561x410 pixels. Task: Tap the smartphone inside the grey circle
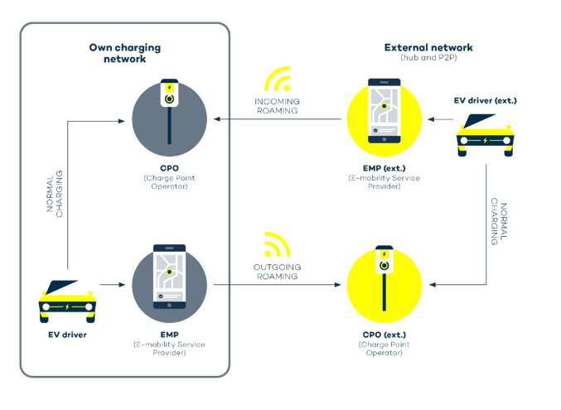coord(169,276)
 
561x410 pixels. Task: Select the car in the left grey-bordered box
coord(67,301)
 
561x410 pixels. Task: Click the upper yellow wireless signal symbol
coord(278,80)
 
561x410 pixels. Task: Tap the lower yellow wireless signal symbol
coord(278,245)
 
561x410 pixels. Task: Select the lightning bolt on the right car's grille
coord(486,141)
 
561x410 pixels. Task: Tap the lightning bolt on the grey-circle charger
coord(169,85)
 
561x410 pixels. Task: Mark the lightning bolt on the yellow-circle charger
coord(384,253)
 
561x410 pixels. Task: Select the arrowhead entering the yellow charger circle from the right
coord(432,285)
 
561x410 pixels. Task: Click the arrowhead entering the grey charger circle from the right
coord(216,119)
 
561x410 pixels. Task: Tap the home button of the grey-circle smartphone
coord(169,302)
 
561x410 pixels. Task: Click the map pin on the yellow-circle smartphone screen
coord(384,107)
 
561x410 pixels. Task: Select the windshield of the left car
coord(69,287)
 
